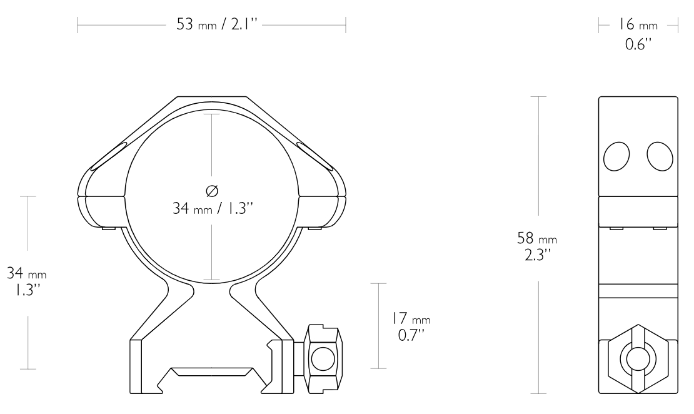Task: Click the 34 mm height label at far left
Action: tap(26, 281)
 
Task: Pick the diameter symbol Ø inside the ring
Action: tap(212, 191)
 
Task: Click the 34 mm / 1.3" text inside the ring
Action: tap(212, 208)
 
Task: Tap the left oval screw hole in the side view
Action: tap(616, 156)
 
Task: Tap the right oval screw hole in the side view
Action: tap(660, 156)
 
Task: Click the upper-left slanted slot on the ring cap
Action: tap(109, 156)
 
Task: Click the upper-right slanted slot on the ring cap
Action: tap(315, 156)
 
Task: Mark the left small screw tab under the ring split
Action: tap(108, 228)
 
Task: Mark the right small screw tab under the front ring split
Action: tap(316, 228)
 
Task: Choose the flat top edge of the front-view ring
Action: tap(212, 97)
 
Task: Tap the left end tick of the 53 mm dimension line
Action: tap(78, 26)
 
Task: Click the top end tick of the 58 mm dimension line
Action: tap(538, 97)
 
